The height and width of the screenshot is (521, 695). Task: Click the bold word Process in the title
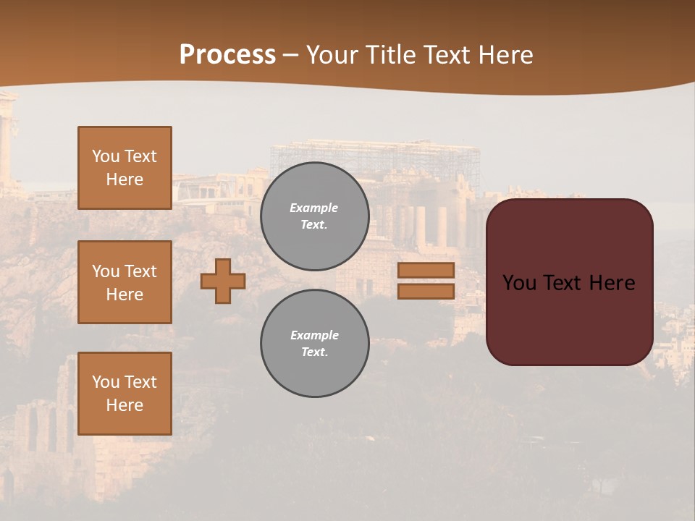(227, 54)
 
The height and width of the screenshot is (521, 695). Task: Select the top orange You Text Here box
(125, 168)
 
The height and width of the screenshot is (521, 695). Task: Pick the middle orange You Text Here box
(125, 282)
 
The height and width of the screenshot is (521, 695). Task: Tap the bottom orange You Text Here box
(125, 394)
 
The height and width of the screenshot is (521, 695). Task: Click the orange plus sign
(223, 281)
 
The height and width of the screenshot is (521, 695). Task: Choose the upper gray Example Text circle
(315, 216)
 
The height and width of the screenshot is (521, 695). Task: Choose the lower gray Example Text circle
(315, 344)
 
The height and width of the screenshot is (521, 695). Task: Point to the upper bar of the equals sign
(426, 270)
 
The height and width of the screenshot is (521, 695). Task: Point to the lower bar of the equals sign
(426, 291)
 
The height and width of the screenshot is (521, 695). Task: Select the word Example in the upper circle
(314, 208)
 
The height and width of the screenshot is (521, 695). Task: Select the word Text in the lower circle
(313, 352)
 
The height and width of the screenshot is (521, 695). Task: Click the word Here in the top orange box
(125, 179)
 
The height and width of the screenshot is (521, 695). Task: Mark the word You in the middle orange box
(105, 271)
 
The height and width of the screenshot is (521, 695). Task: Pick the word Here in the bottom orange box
(125, 405)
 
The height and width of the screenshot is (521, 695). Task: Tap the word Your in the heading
(334, 55)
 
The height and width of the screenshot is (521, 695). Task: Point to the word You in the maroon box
(519, 283)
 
